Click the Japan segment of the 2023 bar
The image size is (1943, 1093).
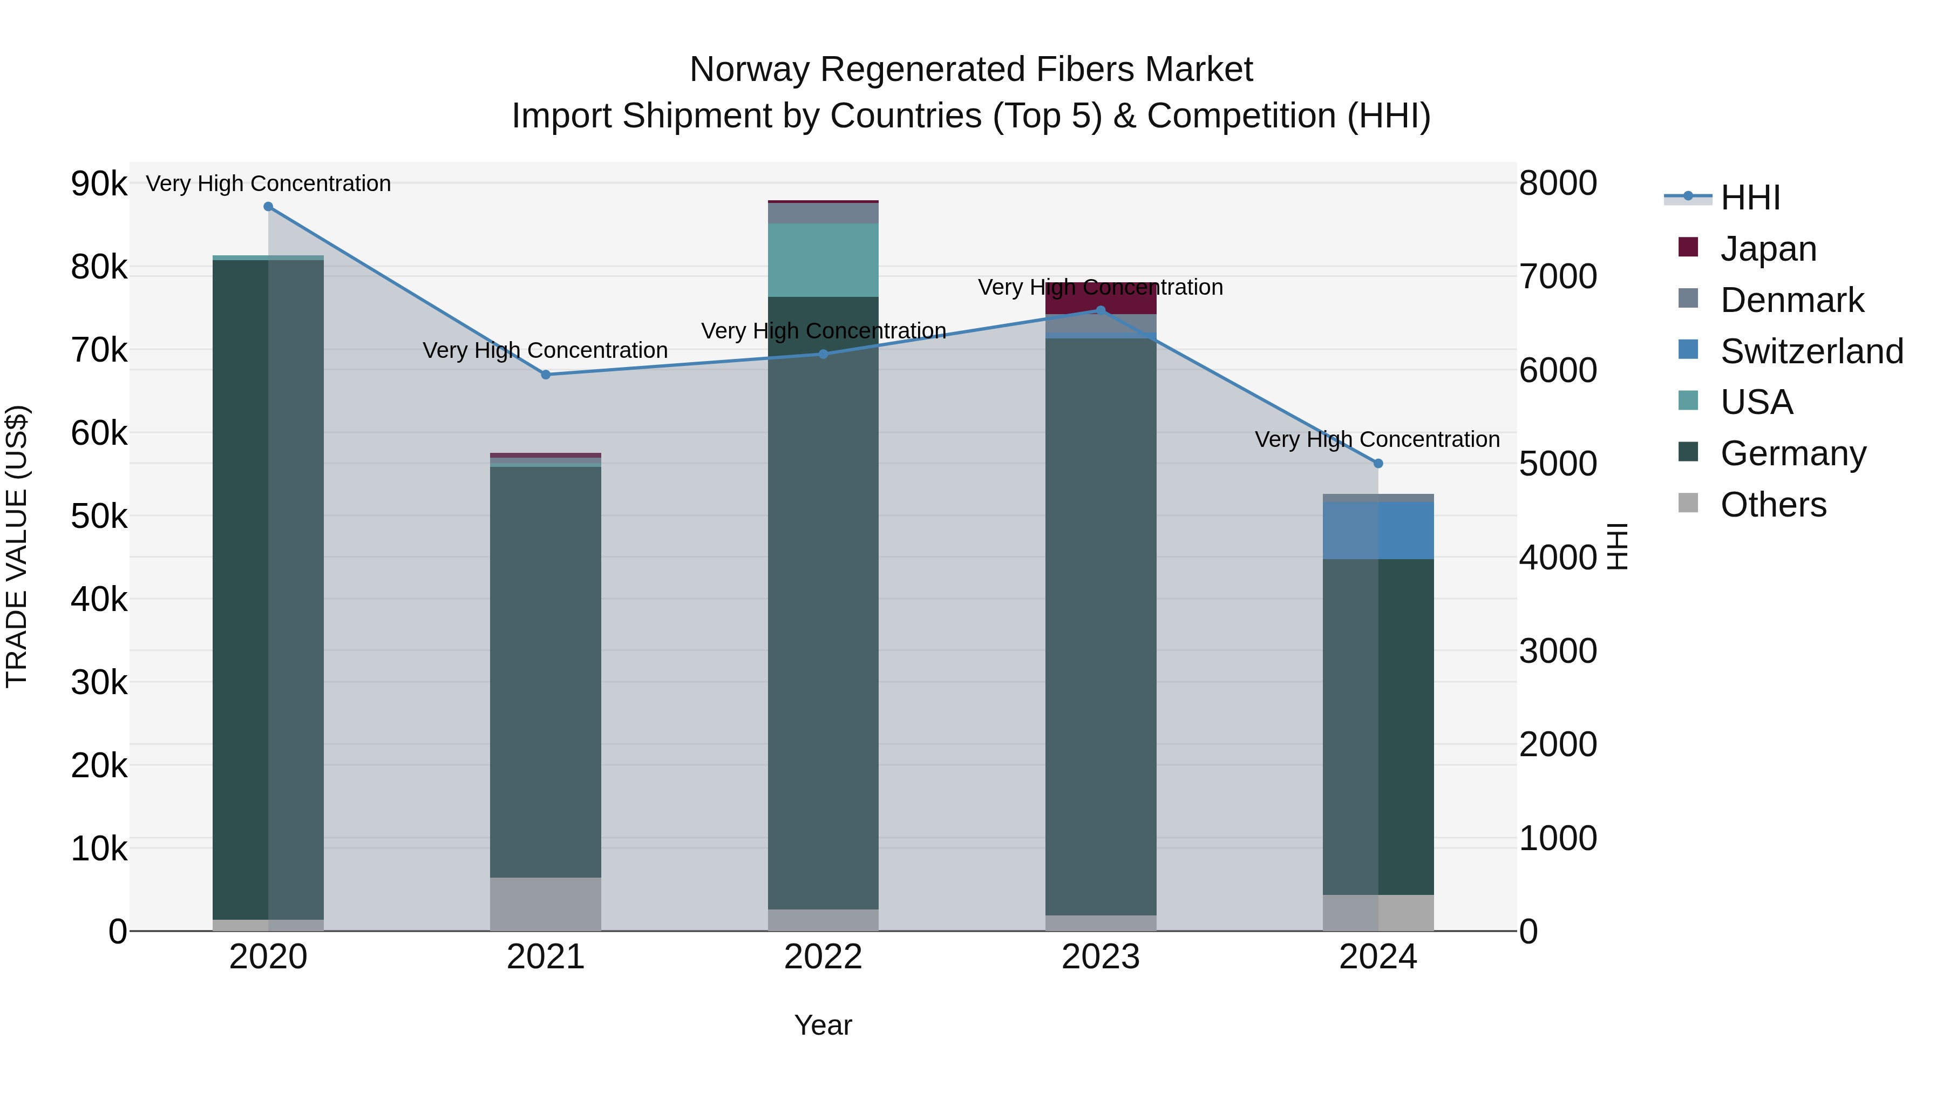point(1100,298)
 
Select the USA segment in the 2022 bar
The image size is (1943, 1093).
point(823,260)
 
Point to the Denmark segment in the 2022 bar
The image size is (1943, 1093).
point(823,213)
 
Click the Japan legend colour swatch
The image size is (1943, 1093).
point(1688,247)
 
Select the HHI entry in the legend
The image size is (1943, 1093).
point(1750,198)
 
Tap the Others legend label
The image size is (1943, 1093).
point(1774,505)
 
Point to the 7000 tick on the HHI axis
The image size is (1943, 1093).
point(1558,277)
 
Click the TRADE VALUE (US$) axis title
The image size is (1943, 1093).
point(17,546)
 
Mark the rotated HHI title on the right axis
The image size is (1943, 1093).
point(1617,546)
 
